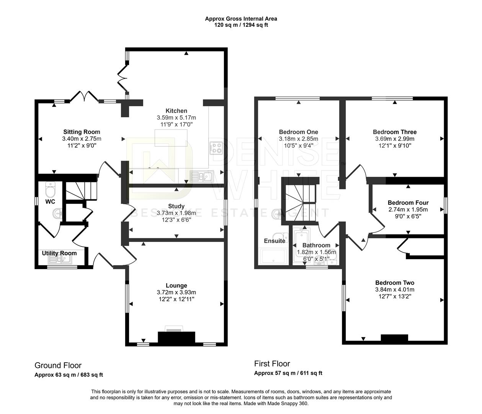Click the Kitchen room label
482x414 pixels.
point(176,111)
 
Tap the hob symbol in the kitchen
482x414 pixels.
point(217,148)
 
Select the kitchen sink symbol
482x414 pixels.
point(201,176)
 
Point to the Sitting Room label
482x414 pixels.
point(82,132)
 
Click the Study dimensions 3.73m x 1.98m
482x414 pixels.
point(176,213)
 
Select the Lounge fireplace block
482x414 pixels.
point(176,337)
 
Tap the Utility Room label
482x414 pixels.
point(59,253)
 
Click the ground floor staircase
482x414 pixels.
point(80,190)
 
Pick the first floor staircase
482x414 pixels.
point(301,194)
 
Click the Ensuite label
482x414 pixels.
point(274,241)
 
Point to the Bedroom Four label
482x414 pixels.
point(408,202)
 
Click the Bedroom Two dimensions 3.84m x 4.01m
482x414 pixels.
point(395,290)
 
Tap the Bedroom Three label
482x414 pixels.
point(395,132)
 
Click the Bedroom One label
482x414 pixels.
point(299,132)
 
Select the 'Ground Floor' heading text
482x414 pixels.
point(58,365)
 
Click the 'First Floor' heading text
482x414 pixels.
point(272,363)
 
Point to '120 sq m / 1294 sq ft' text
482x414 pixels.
point(241,25)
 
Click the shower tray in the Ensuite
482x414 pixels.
point(274,256)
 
